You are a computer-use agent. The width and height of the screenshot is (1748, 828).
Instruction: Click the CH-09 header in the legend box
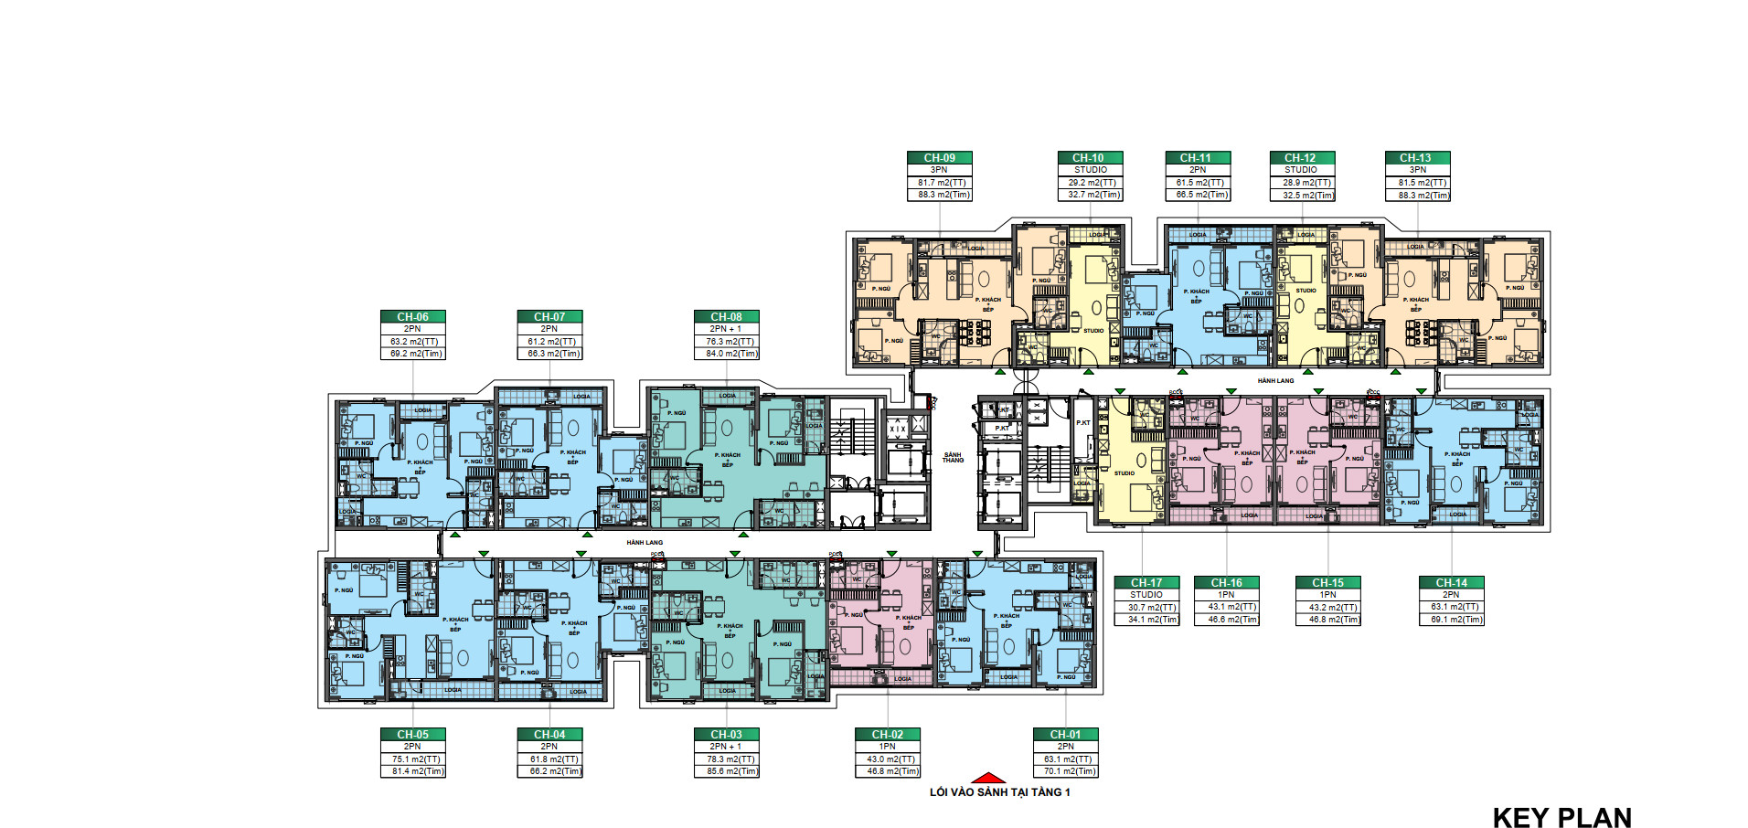coord(939,157)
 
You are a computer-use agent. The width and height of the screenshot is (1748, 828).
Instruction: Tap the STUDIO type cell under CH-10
coord(1090,170)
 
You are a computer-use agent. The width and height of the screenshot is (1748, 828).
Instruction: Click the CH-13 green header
coord(1417,157)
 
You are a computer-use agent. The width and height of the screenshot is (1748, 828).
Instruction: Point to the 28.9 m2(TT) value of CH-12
coord(1303,183)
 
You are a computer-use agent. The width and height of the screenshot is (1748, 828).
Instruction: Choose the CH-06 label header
coord(412,316)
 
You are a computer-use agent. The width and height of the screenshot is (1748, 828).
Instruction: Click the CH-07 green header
coord(549,316)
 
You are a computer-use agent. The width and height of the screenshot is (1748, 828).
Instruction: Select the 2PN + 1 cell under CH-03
coord(726,747)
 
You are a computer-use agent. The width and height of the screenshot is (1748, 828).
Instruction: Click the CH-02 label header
coord(887,734)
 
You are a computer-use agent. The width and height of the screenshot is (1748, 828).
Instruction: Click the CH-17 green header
coord(1146,582)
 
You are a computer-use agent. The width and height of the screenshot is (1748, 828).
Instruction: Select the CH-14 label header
coord(1451,582)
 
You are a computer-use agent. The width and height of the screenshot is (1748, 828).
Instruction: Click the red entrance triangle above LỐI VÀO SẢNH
coord(987,778)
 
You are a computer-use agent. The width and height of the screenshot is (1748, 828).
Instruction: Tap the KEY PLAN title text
coord(1561,817)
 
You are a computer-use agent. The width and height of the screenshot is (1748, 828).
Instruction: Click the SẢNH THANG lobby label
coord(953,457)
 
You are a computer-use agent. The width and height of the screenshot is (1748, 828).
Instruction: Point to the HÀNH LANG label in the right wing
coord(1275,380)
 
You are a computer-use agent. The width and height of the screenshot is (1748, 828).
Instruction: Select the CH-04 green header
coord(549,734)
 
